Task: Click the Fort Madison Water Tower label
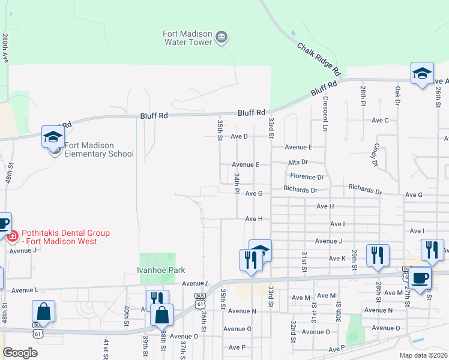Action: tap(188, 38)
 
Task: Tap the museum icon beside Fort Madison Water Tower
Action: tap(221, 38)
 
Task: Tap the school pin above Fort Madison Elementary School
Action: tap(53, 137)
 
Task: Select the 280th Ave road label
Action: tap(5, 48)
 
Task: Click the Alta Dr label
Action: tap(298, 162)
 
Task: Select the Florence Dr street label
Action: tap(307, 177)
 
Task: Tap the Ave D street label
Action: tap(239, 136)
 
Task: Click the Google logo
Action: tap(20, 352)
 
